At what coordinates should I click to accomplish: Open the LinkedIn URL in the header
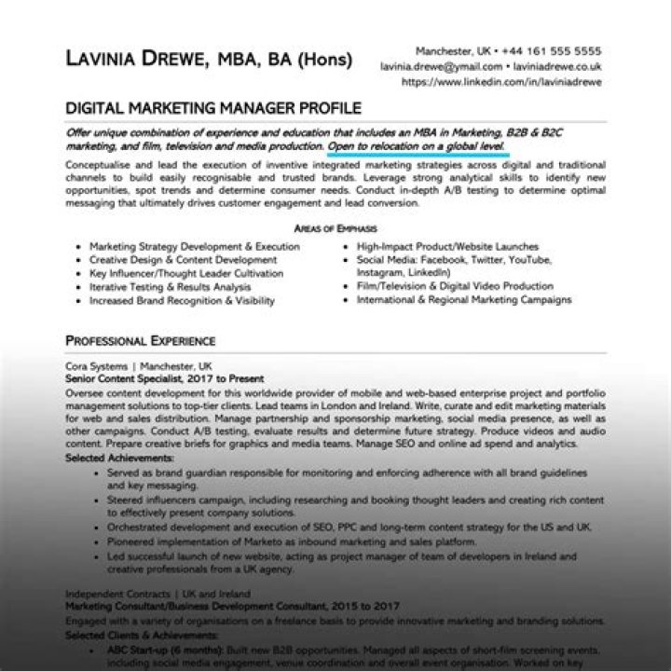point(501,82)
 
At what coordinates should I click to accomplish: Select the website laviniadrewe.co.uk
point(556,67)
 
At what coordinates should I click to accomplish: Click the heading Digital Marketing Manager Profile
point(212,108)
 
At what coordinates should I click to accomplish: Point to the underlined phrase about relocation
point(417,147)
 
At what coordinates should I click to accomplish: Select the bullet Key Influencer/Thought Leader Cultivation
point(186,274)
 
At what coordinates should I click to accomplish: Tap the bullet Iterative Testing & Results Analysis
point(170,288)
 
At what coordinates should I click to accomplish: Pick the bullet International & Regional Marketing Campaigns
point(464,301)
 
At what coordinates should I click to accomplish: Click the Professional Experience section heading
point(140,341)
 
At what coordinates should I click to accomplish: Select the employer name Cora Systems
point(96,366)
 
